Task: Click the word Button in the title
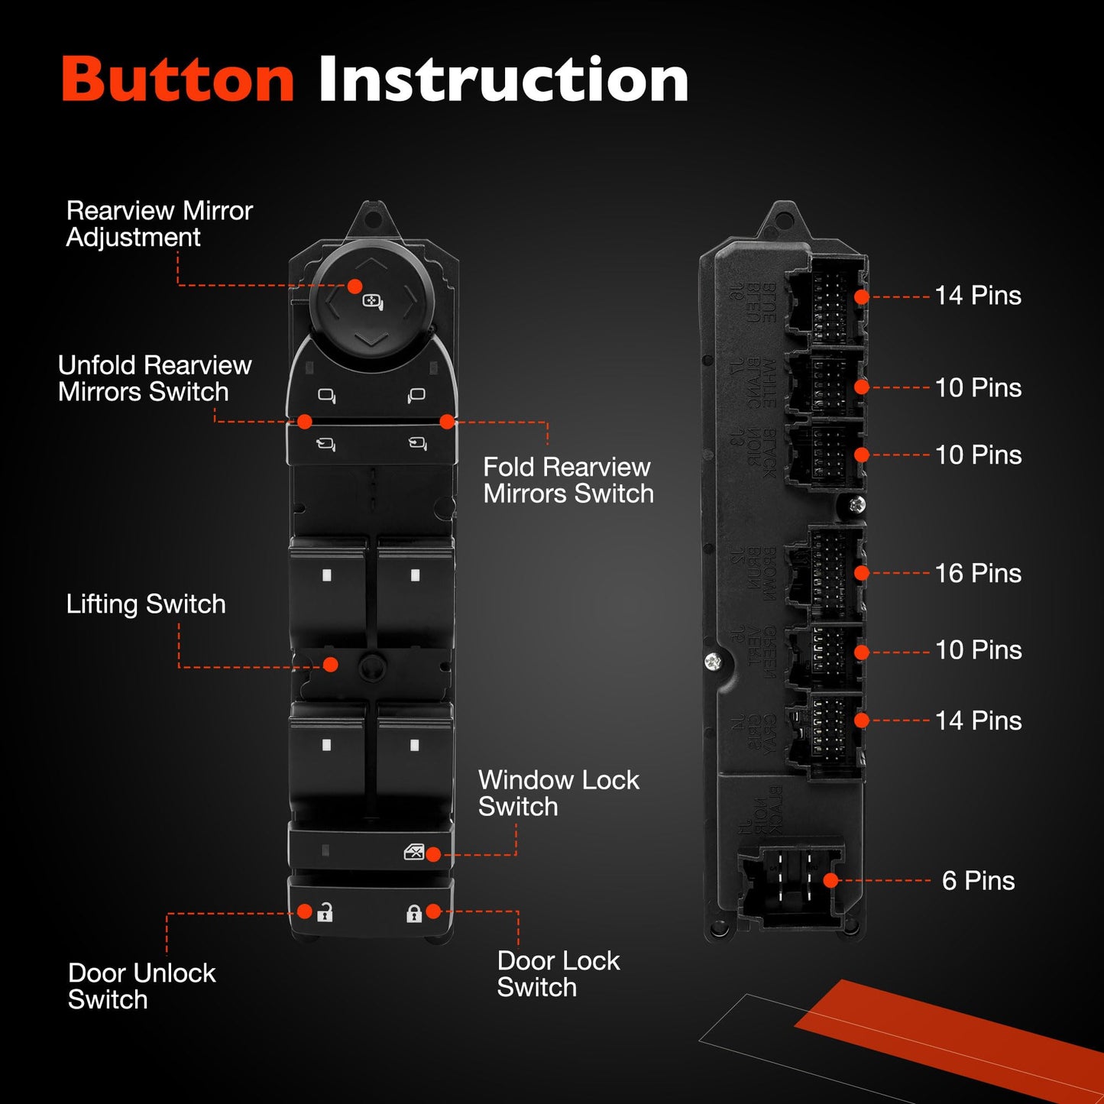click(x=177, y=79)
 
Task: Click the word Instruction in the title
click(x=503, y=79)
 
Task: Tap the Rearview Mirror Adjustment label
click(x=159, y=224)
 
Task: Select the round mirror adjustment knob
click(x=371, y=300)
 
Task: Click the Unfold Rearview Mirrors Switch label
click(x=154, y=378)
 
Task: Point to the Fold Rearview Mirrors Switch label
click(x=568, y=481)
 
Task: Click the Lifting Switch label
click(x=146, y=604)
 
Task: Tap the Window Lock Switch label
click(x=558, y=793)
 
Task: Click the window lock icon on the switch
click(x=413, y=852)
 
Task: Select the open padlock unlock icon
click(x=325, y=911)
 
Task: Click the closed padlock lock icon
click(x=413, y=913)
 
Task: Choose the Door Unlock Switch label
click(x=141, y=986)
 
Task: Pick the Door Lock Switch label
click(x=558, y=974)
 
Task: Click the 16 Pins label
click(x=978, y=573)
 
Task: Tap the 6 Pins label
click(x=978, y=881)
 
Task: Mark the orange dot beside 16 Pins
click(x=862, y=573)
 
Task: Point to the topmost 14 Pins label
click(x=978, y=296)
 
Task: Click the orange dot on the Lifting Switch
click(x=331, y=665)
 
